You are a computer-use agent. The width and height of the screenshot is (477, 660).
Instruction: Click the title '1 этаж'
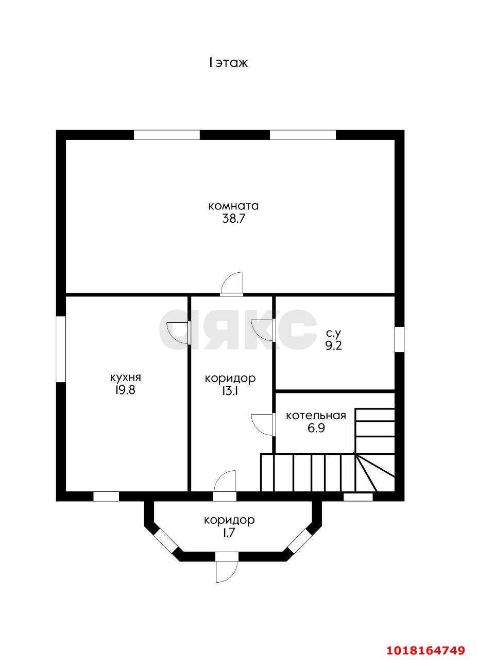click(229, 63)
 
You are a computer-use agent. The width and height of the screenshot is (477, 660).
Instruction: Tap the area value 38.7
click(233, 219)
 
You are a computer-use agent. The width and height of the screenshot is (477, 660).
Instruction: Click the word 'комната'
click(233, 206)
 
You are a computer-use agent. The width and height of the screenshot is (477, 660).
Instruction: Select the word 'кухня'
click(126, 378)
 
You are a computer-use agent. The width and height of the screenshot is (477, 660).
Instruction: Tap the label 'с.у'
click(333, 333)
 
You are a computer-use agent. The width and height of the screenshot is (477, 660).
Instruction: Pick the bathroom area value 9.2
click(333, 345)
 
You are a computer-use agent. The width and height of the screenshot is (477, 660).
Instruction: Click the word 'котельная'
click(316, 416)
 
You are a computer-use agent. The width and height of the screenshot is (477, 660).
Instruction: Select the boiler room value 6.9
click(316, 428)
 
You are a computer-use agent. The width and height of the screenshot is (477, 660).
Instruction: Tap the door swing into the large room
click(227, 277)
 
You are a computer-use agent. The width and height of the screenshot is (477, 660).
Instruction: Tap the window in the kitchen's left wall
click(61, 350)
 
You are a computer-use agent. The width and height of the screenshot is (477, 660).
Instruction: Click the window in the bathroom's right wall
click(399, 339)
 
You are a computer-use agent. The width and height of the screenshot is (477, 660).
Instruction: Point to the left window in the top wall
click(167, 135)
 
